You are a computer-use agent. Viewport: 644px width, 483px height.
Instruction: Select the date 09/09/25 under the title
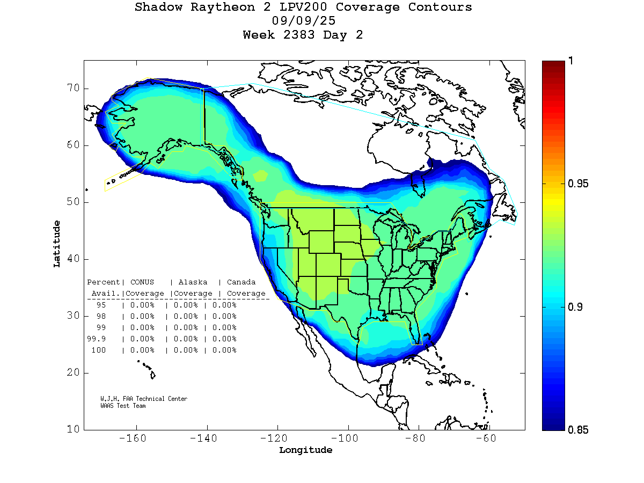pyautogui.click(x=304, y=21)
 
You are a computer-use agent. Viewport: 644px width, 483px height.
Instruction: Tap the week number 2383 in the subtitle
pyautogui.click(x=304, y=35)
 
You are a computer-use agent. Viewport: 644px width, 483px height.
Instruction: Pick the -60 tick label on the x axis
pyautogui.click(x=488, y=438)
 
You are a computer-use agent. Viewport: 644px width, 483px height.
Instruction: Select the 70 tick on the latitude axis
pyautogui.click(x=74, y=89)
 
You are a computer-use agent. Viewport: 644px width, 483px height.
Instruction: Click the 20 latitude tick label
pyautogui.click(x=74, y=373)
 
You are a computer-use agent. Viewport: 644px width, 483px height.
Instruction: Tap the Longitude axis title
pyautogui.click(x=305, y=450)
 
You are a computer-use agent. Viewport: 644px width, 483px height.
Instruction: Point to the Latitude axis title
pyautogui.click(x=57, y=244)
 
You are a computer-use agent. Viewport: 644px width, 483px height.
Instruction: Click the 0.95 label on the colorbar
pyautogui.click(x=577, y=184)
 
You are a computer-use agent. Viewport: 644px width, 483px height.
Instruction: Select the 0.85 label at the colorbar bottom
pyautogui.click(x=577, y=430)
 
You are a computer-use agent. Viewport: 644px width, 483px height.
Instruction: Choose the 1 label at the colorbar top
pyautogui.click(x=571, y=61)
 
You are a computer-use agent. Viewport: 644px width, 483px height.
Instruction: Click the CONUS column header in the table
pyautogui.click(x=142, y=282)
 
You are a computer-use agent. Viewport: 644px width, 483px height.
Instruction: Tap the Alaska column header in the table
pyautogui.click(x=193, y=282)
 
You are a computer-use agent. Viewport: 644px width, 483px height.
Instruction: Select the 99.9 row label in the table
pyautogui.click(x=97, y=339)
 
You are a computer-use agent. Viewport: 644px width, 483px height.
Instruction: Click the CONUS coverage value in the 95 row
pyautogui.click(x=142, y=305)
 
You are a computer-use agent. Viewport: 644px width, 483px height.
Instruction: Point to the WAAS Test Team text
pyautogui.click(x=123, y=406)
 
